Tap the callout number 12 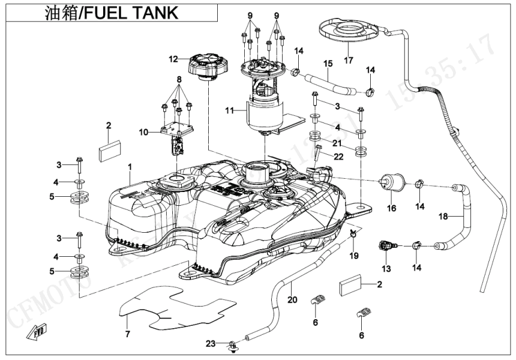(x=173, y=59)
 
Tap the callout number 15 (x=328, y=63)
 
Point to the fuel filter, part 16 (x=391, y=182)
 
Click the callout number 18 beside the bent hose (x=444, y=216)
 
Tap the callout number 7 (x=127, y=334)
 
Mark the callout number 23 (x=210, y=343)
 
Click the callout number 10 (x=143, y=131)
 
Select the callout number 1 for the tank (x=130, y=165)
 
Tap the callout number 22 (x=338, y=157)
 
